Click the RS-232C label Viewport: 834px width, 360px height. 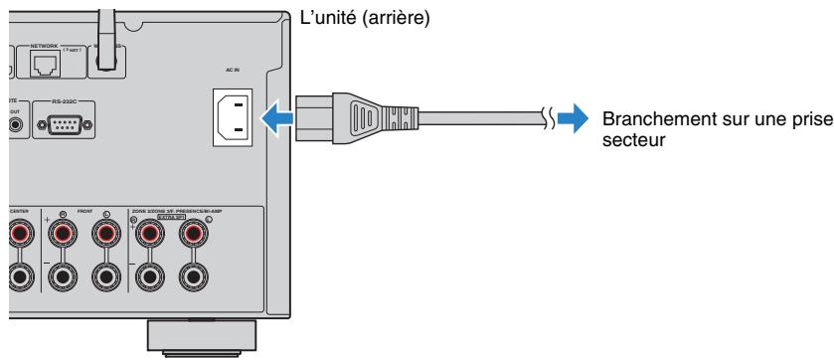pyautogui.click(x=67, y=99)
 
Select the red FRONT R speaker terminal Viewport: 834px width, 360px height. pyautogui.click(x=63, y=235)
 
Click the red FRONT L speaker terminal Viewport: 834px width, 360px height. pyautogui.click(x=104, y=235)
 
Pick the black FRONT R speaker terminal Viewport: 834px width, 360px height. pyautogui.click(x=63, y=277)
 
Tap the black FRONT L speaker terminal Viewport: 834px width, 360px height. pyautogui.click(x=104, y=277)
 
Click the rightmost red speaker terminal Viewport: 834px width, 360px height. pyautogui.click(x=193, y=235)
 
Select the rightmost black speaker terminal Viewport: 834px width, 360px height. pyautogui.click(x=193, y=277)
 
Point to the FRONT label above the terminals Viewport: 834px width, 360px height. pyautogui.click(x=84, y=211)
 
